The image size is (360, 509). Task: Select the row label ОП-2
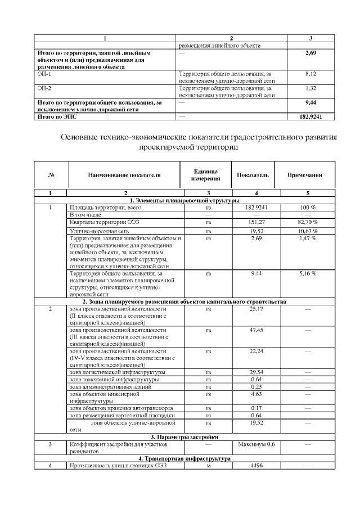click(x=44, y=88)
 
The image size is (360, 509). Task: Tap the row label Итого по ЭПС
click(x=56, y=116)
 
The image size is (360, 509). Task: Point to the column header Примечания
click(x=305, y=175)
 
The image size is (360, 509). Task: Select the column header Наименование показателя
click(x=124, y=175)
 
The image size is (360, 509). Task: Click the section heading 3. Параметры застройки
click(x=185, y=437)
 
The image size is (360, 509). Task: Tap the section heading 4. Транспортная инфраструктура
click(x=185, y=459)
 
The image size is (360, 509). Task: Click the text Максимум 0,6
click(x=256, y=444)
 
